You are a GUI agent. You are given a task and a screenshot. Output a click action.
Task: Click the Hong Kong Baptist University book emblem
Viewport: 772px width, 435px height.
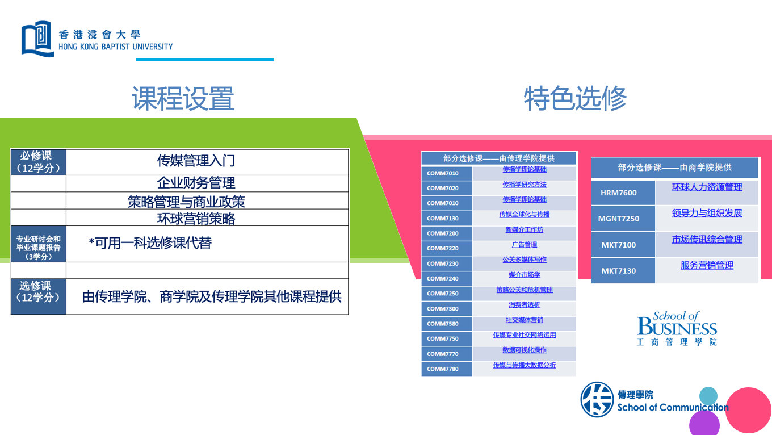coord(37,38)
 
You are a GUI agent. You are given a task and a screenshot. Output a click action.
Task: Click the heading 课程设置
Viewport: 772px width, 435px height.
coord(183,99)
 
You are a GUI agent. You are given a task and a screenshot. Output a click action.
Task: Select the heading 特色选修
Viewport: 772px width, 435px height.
coord(575,99)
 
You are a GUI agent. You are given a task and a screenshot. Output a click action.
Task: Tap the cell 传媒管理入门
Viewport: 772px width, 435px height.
coord(196,161)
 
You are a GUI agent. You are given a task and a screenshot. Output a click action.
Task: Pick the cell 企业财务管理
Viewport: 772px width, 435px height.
coord(196,183)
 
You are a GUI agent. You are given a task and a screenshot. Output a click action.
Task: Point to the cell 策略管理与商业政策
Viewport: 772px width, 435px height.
coord(186,202)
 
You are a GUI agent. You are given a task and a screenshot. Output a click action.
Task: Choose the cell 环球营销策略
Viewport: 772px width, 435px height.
coord(196,218)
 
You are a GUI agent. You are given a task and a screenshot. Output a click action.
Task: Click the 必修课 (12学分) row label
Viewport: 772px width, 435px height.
coord(39,162)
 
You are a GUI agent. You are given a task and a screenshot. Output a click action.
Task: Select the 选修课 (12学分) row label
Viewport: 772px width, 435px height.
coord(39,291)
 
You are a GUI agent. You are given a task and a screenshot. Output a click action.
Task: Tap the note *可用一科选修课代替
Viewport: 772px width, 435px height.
coord(150,243)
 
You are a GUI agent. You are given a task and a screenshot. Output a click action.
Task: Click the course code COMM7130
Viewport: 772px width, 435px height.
coord(443,219)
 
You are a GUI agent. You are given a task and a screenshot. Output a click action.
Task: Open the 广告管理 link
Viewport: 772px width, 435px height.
coord(524,245)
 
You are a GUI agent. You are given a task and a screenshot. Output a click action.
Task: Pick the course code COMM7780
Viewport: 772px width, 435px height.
coord(443,369)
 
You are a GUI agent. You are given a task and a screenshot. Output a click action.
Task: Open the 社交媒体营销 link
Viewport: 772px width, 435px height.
coord(524,320)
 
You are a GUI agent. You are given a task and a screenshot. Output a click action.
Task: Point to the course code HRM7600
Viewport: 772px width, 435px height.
coord(619,193)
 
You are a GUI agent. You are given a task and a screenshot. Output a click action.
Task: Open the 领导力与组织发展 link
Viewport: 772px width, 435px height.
coord(707,213)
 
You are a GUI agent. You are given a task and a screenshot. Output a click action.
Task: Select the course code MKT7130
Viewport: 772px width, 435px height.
coord(619,271)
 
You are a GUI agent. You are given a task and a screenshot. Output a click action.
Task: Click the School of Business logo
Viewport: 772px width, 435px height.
coord(677,328)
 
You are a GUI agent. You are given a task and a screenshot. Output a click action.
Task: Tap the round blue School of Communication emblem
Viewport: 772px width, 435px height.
coord(597,399)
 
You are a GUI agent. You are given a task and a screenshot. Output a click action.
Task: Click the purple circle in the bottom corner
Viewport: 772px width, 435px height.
coord(704,423)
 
